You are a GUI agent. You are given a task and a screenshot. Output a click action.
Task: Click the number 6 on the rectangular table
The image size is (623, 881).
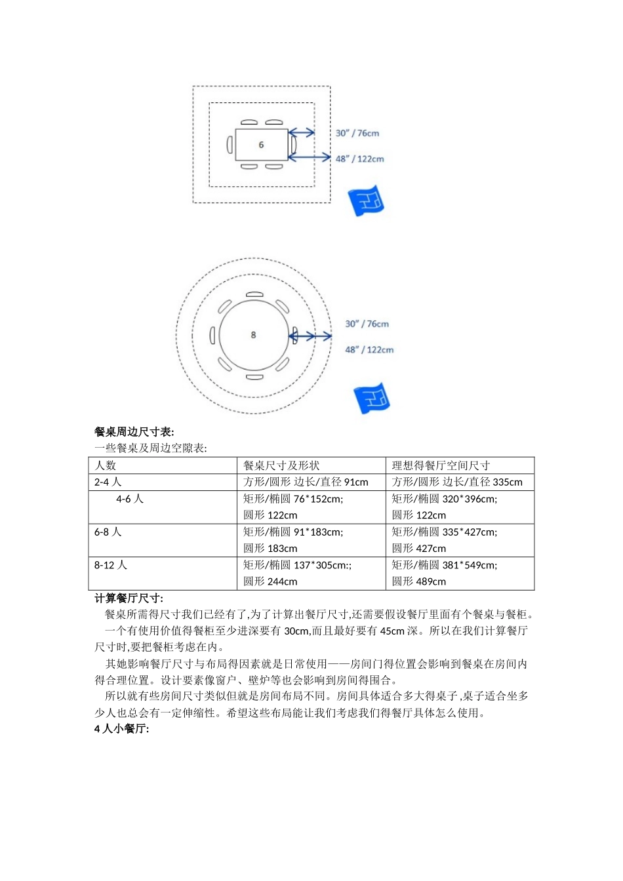[261, 145]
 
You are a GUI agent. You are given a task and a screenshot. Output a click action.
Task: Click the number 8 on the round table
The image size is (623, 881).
[253, 335]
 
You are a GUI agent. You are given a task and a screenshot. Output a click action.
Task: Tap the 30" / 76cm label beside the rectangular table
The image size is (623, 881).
[357, 133]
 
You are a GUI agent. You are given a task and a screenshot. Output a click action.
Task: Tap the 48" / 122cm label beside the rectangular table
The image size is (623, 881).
[359, 159]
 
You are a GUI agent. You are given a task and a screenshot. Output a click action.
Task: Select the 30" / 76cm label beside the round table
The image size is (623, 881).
[367, 324]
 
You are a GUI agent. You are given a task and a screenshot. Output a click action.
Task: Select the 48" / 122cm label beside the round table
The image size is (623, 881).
[369, 349]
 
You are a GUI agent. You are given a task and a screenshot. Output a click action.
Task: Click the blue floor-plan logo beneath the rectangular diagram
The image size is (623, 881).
[366, 201]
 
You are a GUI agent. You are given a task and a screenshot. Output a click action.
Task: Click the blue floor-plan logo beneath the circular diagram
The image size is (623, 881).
[372, 398]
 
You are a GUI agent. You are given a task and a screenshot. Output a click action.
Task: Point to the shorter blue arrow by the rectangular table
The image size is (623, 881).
[302, 133]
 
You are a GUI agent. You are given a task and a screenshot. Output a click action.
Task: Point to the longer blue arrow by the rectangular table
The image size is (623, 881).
[310, 157]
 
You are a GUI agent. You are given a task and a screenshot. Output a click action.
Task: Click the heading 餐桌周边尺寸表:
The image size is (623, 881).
[134, 431]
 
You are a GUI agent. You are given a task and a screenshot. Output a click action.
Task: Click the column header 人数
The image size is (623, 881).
[106, 465]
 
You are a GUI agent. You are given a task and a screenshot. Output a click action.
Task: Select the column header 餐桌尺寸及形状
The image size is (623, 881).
[281, 465]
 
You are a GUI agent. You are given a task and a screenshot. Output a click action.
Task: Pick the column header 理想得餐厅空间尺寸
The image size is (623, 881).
[441, 465]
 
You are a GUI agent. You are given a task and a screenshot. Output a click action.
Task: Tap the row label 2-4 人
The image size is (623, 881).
[108, 482]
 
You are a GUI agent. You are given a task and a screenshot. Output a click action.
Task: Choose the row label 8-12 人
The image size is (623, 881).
[111, 564]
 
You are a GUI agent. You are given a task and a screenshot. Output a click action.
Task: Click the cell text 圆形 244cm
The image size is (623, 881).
[270, 581]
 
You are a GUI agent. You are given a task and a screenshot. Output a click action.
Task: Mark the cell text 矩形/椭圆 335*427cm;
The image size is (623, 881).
[445, 532]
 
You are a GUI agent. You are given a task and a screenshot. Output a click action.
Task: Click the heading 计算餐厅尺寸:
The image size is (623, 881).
[129, 598]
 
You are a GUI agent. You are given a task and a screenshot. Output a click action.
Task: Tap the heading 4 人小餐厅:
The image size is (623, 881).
[122, 729]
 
